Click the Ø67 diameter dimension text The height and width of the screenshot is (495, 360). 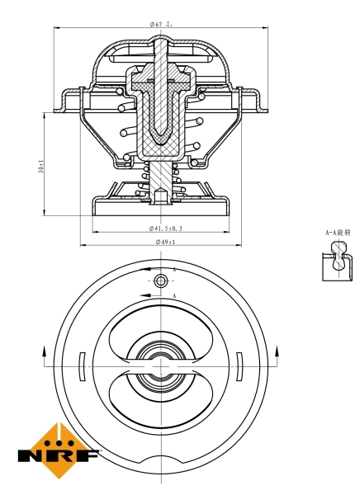tap(161, 24)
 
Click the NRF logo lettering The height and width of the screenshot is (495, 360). tap(59, 455)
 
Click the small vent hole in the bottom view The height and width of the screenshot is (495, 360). tap(160, 282)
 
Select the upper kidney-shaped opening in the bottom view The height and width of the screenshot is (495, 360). tap(160, 326)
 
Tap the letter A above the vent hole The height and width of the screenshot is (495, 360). tap(174, 270)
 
